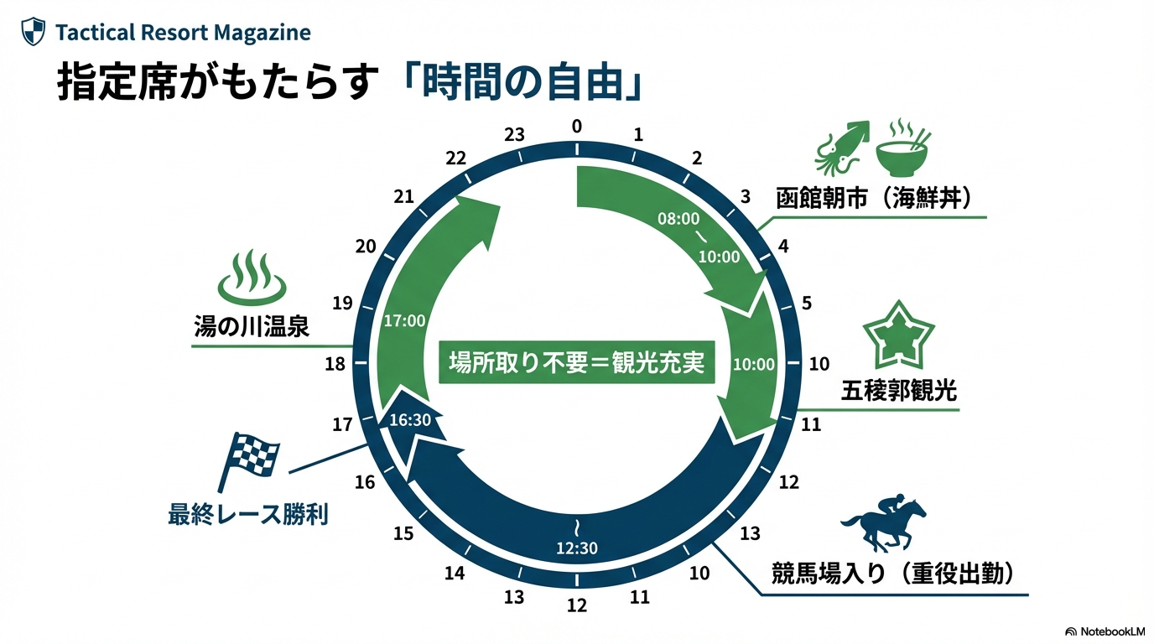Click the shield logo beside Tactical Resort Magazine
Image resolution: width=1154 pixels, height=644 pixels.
click(33, 33)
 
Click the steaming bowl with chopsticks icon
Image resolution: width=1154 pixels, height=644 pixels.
click(904, 148)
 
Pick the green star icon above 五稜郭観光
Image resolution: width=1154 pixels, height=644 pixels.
click(898, 335)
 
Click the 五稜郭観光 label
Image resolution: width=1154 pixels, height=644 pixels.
click(898, 391)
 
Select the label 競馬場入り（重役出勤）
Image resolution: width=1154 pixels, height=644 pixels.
click(895, 575)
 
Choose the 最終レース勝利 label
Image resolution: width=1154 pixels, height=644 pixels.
click(248, 513)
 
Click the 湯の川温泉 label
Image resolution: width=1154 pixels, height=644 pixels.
click(251, 326)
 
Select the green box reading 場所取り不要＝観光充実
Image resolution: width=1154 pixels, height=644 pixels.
click(576, 363)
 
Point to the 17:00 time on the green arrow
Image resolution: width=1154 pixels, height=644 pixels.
click(404, 320)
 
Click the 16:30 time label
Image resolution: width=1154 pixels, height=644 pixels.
click(410, 420)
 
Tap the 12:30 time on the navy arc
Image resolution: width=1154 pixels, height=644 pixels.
click(577, 549)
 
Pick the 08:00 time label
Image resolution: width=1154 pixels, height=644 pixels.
click(678, 219)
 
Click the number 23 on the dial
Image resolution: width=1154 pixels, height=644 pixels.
click(515, 134)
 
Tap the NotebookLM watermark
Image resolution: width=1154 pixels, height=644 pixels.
click(1105, 631)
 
